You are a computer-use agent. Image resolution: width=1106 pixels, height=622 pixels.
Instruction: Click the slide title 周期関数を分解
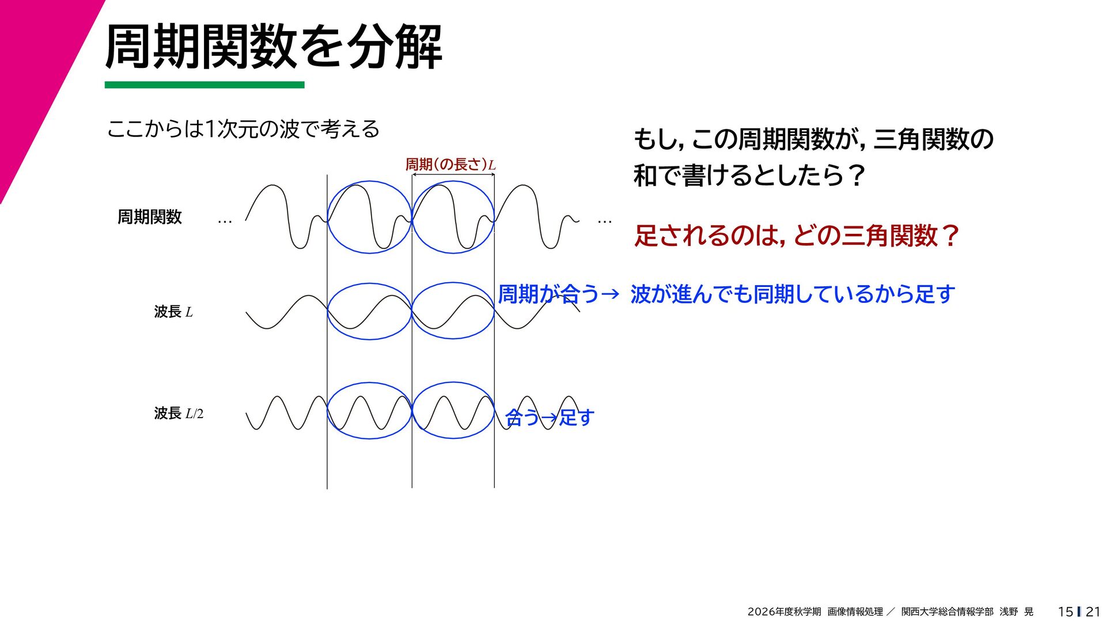point(274,47)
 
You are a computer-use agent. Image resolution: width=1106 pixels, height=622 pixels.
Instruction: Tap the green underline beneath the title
point(204,85)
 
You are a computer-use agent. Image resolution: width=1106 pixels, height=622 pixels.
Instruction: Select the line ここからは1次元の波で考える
point(243,129)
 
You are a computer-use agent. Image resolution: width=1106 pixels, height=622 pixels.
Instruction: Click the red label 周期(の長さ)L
point(450,165)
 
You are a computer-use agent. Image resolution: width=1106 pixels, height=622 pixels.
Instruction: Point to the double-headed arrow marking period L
point(453,175)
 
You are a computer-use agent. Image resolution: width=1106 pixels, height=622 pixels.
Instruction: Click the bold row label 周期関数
point(150,217)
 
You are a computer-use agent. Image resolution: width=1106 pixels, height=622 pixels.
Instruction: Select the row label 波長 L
point(173,312)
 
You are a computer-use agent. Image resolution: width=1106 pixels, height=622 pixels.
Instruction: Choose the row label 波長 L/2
point(179,414)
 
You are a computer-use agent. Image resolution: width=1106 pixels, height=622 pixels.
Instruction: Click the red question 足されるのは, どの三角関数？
point(797,236)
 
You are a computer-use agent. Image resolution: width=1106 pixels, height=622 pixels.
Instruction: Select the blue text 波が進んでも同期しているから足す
point(793,294)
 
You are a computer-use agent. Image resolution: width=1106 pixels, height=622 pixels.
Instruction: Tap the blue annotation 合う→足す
point(550,417)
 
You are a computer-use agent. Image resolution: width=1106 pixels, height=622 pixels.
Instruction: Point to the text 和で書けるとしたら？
point(748,176)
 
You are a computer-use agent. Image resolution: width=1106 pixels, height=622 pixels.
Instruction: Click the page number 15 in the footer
point(1065,612)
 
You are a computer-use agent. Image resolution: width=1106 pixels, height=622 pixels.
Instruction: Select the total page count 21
point(1093,612)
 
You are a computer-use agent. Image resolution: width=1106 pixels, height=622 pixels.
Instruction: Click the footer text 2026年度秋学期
point(784,612)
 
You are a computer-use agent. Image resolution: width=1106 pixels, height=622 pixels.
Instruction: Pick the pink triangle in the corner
point(35,69)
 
